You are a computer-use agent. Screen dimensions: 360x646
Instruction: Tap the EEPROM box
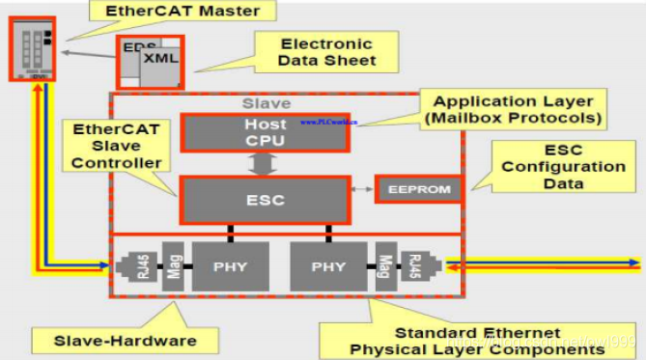click(418, 189)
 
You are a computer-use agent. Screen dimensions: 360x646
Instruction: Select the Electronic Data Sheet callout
click(327, 53)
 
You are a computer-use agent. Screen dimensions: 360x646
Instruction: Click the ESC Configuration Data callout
click(563, 167)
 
